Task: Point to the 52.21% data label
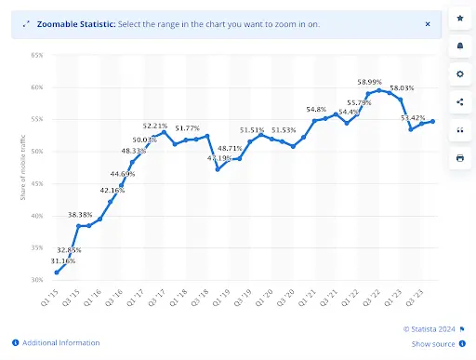154,126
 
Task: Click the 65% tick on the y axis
37,56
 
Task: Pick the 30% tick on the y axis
37,280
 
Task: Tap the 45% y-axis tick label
37,184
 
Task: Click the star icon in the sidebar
459,19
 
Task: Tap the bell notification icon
459,46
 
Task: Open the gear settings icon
459,73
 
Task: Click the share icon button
459,101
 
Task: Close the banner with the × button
427,23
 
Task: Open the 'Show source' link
432,343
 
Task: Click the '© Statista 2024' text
430,328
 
